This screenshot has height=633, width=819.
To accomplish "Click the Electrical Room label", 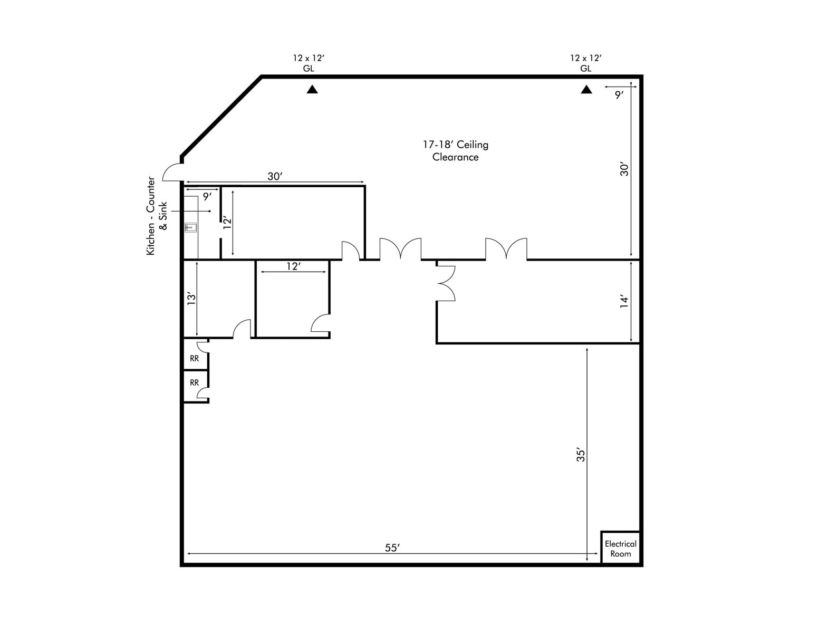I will point(620,549).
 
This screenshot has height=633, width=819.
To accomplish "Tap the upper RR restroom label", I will point(195,359).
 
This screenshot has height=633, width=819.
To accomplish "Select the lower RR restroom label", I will point(195,383).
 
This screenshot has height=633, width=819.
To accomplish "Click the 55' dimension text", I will point(392,548).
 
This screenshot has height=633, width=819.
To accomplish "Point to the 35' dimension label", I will point(581,455).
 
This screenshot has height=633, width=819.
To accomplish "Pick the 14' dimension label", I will point(624,302).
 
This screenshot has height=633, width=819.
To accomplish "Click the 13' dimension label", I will point(191,299).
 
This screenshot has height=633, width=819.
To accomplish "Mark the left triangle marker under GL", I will point(312,90).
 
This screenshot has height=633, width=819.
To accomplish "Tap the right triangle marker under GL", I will point(586,90).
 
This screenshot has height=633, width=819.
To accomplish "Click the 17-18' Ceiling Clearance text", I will point(455,151).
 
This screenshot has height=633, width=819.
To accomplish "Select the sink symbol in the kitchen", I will point(191,228).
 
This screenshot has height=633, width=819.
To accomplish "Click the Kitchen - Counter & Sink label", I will point(157,216).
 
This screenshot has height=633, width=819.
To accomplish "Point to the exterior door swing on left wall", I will point(172,172).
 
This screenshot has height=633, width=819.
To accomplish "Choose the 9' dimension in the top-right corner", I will point(619,95).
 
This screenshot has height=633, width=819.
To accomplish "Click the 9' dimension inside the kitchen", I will point(207,197).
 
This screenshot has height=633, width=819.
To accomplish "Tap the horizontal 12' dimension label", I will point(293,266).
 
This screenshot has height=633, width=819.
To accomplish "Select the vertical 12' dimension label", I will point(227,223).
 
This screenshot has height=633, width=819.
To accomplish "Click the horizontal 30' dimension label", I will point(275,176).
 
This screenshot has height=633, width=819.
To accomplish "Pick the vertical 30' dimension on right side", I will point(624,169).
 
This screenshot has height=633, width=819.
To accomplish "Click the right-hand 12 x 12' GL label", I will point(585,63).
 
